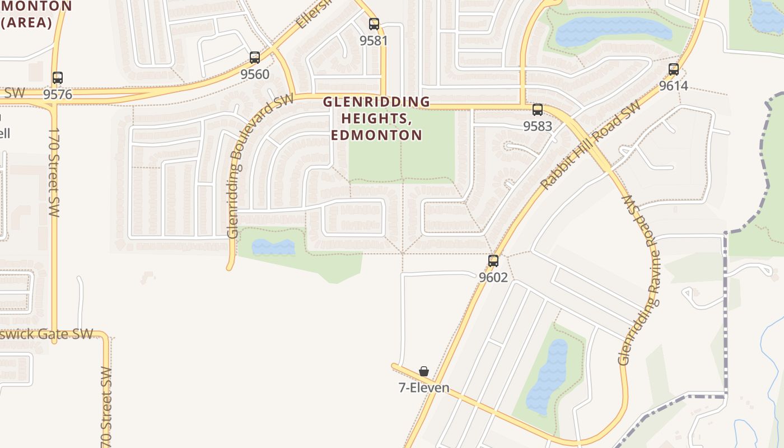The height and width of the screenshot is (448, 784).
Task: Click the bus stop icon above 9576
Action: tap(58, 78)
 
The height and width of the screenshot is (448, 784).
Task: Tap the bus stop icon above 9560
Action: tap(255, 58)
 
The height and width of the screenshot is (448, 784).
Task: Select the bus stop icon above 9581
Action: tap(374, 24)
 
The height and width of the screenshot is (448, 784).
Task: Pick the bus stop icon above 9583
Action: tap(538, 110)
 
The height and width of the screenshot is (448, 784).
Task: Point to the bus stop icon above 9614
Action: tap(674, 69)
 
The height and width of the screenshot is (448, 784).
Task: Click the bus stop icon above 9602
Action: tap(493, 261)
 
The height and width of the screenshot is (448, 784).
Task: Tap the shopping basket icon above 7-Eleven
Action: tap(424, 371)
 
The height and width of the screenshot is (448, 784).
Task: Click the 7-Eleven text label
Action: tap(424, 388)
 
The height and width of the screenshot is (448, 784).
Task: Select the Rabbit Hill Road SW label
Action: tap(590, 145)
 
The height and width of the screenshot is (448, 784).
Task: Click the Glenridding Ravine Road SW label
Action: tap(640, 280)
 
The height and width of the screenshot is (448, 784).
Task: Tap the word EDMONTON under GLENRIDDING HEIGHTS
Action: tap(376, 135)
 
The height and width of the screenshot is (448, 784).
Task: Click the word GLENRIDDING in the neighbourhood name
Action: tap(376, 102)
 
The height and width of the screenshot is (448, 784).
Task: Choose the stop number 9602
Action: tap(493, 277)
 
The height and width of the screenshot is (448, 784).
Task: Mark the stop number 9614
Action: tap(674, 86)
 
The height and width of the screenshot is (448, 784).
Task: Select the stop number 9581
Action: tap(374, 40)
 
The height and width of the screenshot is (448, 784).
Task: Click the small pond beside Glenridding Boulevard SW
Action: tap(273, 247)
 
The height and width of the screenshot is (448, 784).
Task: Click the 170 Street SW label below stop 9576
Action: tap(54, 172)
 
